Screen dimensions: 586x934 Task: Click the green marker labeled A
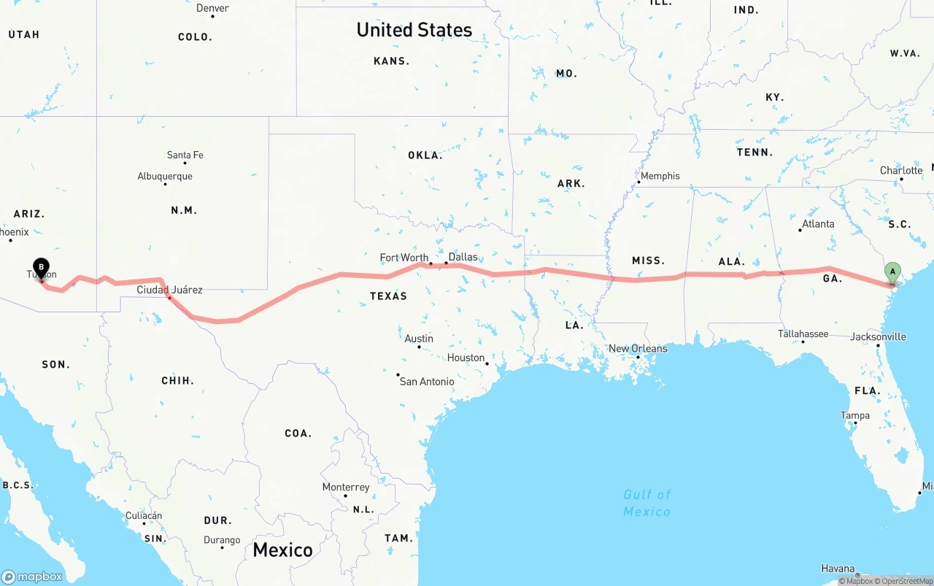click(892, 273)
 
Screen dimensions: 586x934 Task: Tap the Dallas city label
click(463, 257)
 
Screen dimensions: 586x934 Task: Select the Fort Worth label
click(404, 258)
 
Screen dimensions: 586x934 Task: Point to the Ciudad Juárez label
click(170, 290)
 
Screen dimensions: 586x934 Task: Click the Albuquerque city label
click(165, 176)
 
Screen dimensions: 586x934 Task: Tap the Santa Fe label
click(185, 155)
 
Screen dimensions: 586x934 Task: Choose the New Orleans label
click(638, 348)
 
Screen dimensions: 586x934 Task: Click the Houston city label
click(466, 358)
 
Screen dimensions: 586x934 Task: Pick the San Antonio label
click(427, 381)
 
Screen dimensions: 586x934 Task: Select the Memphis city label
click(660, 176)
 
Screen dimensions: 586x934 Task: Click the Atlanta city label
click(818, 224)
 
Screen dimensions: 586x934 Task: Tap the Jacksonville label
click(878, 336)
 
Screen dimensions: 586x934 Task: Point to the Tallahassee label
click(803, 334)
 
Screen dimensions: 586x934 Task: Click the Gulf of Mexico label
click(647, 503)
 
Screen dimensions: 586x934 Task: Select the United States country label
click(414, 30)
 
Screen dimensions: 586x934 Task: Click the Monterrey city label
click(346, 487)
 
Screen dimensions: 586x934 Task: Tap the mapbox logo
click(32, 577)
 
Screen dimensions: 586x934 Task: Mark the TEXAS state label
click(388, 296)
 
